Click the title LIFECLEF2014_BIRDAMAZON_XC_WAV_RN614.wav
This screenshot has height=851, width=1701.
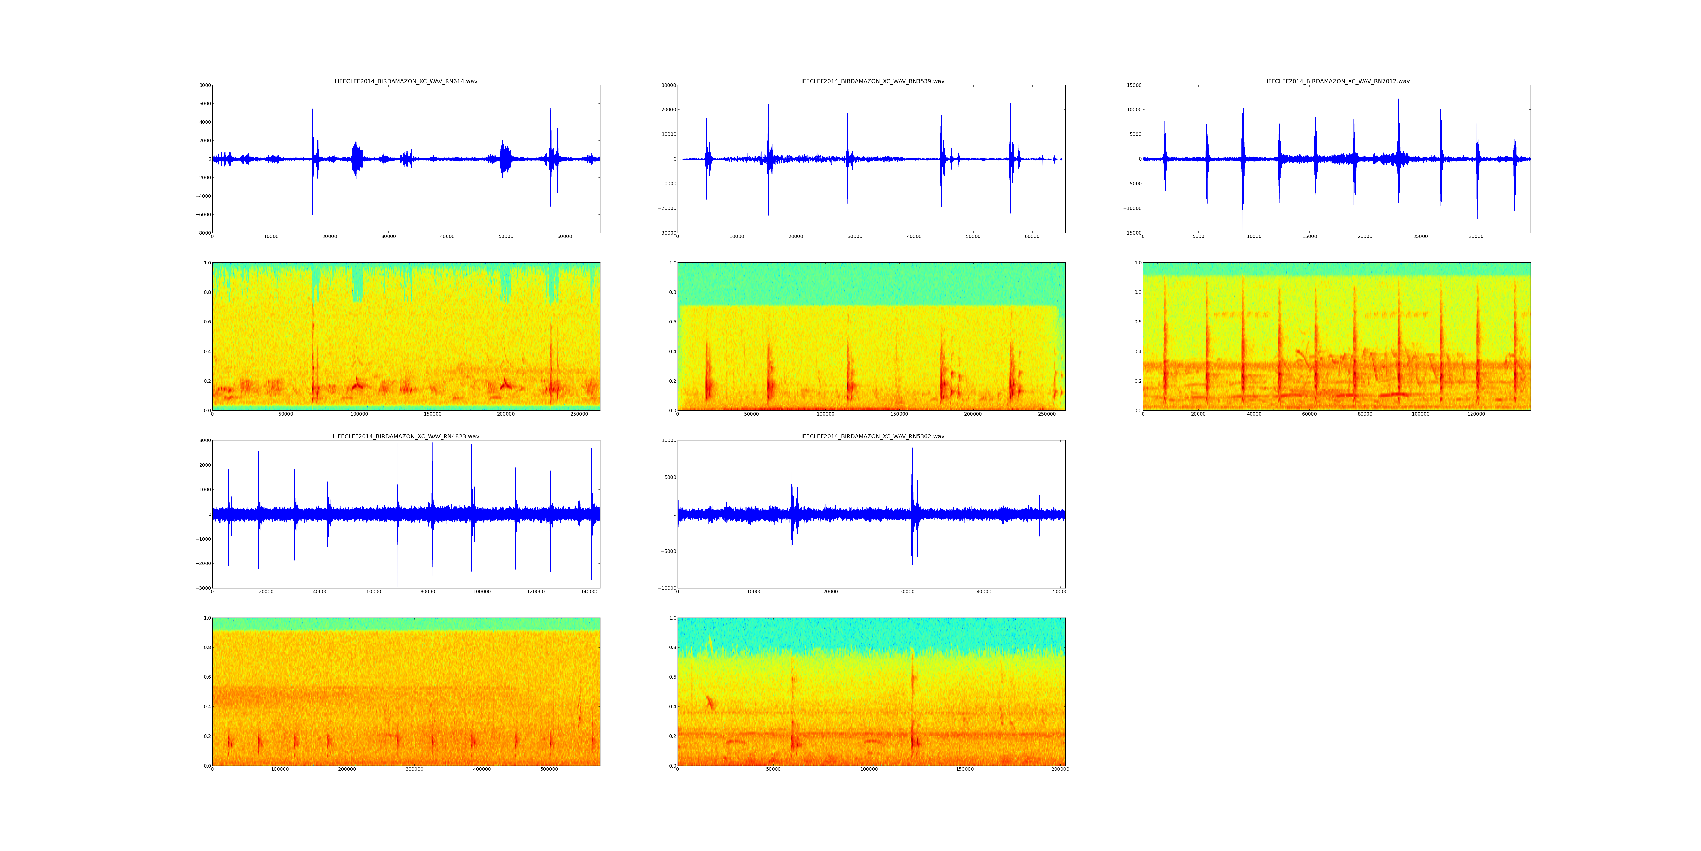point(405,81)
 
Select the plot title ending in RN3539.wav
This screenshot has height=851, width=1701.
point(871,81)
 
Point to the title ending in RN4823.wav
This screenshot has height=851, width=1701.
point(405,437)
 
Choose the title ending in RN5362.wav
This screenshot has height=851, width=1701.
point(871,437)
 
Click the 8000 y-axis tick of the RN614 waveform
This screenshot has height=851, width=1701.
point(205,85)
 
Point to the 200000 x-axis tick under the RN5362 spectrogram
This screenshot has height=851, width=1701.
point(1060,769)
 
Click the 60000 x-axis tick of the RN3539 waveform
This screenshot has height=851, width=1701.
point(1032,237)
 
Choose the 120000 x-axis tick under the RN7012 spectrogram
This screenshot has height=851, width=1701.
point(1476,414)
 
